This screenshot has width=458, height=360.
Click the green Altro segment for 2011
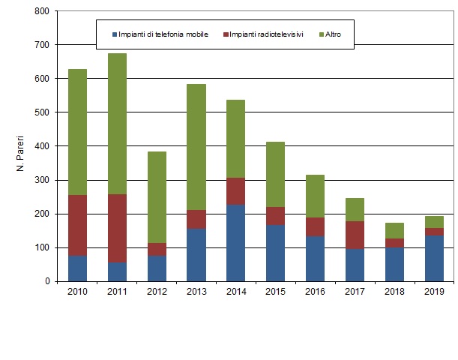[117, 124]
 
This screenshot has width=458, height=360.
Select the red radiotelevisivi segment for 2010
[78, 225]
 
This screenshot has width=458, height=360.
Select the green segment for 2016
[314, 196]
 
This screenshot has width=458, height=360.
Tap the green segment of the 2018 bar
[394, 230]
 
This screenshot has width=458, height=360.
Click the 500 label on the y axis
[41, 112]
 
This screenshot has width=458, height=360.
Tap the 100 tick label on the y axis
[41, 247]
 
